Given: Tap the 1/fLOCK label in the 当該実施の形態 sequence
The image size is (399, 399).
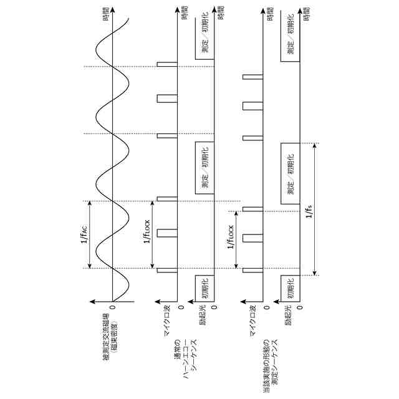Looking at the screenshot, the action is (230, 237).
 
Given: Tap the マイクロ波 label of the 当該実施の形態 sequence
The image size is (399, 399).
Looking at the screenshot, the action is (252, 323).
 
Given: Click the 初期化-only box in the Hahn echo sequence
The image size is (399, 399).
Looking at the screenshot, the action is (204, 288).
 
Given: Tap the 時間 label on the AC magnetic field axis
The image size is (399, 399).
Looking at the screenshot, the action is (113, 14).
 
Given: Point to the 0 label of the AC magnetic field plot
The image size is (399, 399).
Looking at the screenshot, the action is (113, 306).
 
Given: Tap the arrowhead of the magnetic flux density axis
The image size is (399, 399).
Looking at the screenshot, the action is (92, 300).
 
